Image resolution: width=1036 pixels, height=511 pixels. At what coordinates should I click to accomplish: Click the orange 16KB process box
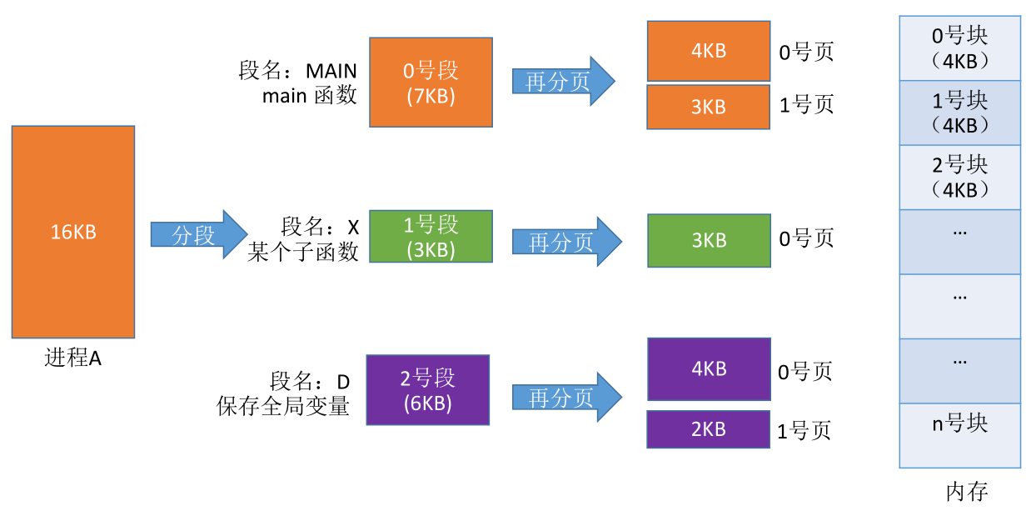(73, 232)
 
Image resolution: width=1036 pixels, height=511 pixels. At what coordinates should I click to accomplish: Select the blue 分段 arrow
(199, 234)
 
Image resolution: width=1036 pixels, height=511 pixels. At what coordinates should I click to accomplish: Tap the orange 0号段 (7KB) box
(431, 83)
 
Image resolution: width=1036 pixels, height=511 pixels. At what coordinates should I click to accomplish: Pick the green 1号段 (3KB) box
(431, 237)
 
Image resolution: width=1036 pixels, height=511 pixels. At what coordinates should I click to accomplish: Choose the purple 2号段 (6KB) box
(428, 390)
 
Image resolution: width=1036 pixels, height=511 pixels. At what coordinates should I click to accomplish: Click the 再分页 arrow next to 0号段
(563, 81)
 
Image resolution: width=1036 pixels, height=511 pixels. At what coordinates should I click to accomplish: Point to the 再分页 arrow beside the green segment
(566, 241)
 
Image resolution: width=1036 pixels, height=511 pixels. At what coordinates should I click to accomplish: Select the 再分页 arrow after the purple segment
(566, 397)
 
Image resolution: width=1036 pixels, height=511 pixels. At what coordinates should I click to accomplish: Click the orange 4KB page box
(709, 51)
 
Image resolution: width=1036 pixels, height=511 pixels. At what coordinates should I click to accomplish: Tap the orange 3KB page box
(709, 107)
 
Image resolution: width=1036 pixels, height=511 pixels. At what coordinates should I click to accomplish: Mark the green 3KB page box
(709, 240)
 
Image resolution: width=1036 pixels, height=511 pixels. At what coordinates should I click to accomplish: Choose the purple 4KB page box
(709, 369)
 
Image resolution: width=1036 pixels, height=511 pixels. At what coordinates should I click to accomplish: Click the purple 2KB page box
(709, 429)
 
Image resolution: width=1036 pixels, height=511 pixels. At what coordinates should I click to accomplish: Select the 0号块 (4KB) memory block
(959, 48)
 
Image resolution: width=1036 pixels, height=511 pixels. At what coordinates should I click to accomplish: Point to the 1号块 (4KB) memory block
(959, 113)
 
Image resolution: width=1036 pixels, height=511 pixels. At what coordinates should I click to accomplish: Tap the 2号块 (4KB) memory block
(959, 178)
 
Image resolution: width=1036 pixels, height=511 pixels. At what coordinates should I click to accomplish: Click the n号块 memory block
(959, 435)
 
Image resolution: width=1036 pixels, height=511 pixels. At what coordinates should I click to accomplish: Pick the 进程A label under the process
(73, 358)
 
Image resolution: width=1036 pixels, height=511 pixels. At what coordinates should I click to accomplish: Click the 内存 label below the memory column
(967, 491)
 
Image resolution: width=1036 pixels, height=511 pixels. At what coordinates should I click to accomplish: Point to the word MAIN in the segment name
(331, 71)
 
